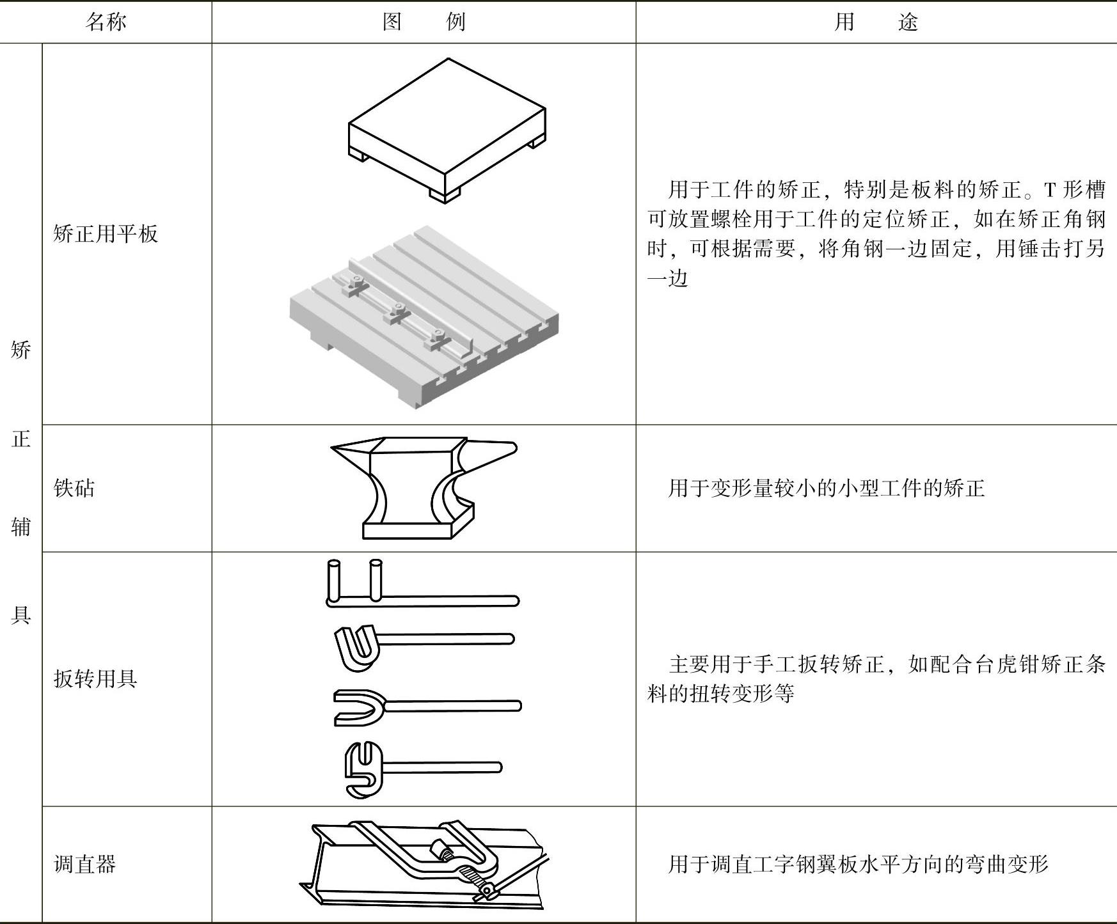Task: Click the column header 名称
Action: click(x=106, y=22)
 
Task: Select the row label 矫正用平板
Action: click(x=106, y=233)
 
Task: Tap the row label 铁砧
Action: click(x=74, y=488)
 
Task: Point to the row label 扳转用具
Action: click(x=95, y=678)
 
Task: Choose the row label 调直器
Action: click(x=84, y=864)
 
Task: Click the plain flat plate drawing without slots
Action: click(x=447, y=128)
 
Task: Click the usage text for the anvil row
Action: click(x=825, y=489)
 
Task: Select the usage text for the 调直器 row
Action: click(x=857, y=864)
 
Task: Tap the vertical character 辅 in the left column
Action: click(x=21, y=527)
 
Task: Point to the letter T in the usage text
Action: click(x=1050, y=190)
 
